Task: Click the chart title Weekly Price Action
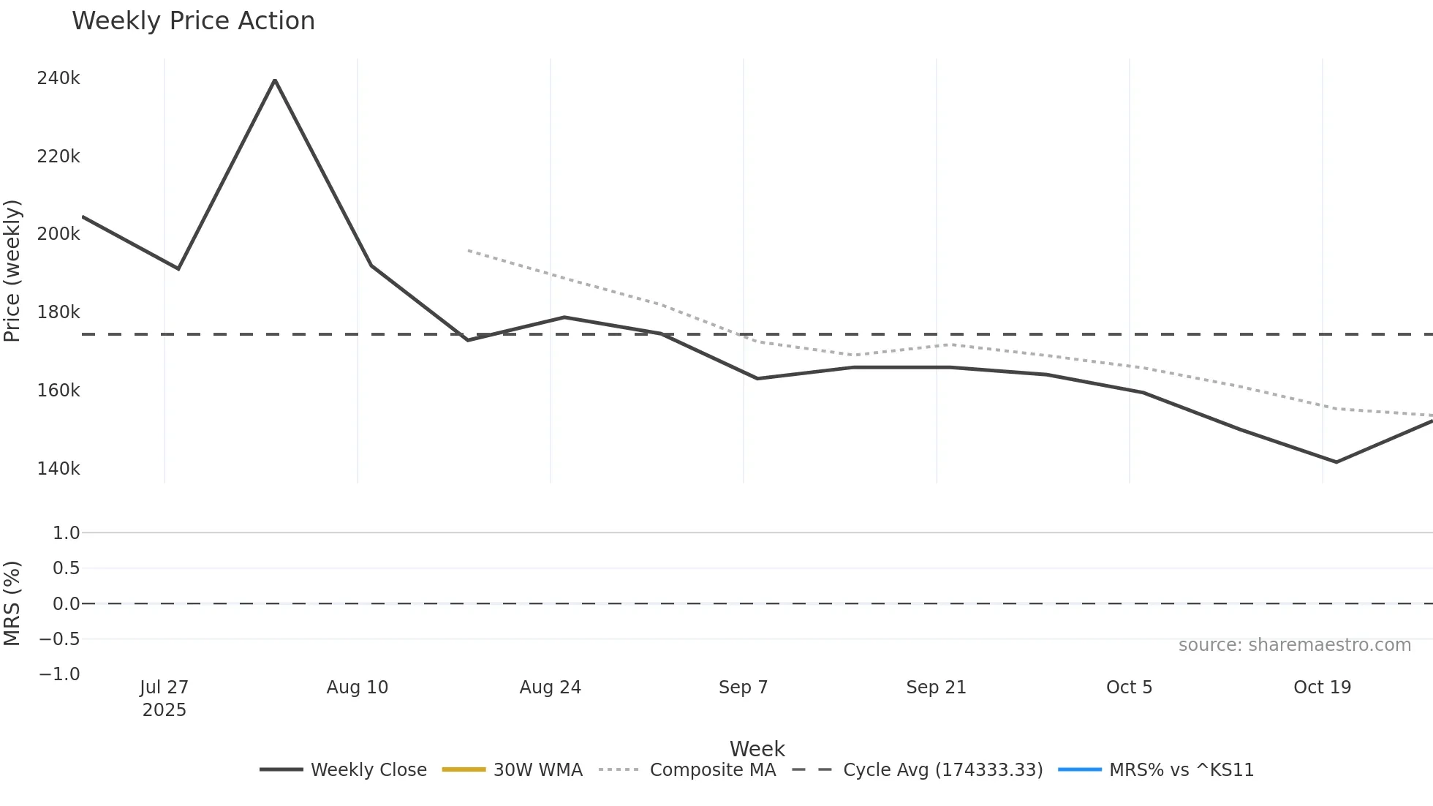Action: [193, 21]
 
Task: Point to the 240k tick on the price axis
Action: [58, 78]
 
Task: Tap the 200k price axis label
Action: [58, 234]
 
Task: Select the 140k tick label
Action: [58, 469]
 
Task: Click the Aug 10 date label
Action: [357, 688]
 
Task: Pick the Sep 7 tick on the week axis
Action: [743, 688]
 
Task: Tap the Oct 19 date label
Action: [1322, 688]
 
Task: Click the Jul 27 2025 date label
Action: [165, 698]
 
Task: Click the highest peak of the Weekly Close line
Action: [275, 80]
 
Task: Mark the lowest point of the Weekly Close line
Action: [1336, 462]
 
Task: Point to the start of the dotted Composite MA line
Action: [469, 251]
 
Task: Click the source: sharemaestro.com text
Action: [1294, 645]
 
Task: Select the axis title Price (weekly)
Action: [12, 271]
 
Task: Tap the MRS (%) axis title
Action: [12, 603]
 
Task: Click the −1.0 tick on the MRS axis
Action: [60, 674]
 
